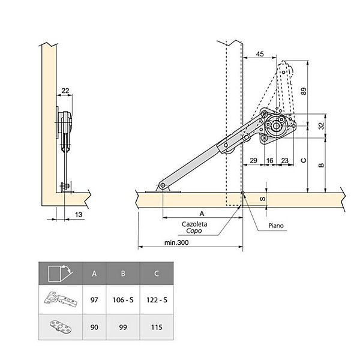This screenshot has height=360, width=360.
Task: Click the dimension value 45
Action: [260, 54]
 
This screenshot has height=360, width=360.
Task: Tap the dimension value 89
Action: [304, 91]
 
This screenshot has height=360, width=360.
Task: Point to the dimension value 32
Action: [322, 125]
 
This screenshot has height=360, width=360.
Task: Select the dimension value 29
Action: [253, 160]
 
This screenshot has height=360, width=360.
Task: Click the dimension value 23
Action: [284, 160]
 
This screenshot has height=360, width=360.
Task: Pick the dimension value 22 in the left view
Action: [65, 91]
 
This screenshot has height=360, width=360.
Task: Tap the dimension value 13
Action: [79, 215]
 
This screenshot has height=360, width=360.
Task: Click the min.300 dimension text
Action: [176, 242]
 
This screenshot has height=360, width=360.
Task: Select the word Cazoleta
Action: [194, 224]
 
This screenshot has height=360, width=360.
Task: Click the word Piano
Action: [276, 226]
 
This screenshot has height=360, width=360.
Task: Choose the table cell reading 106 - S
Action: [123, 300]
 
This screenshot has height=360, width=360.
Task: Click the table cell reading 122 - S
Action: [157, 300]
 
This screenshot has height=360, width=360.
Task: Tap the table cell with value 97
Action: [94, 300]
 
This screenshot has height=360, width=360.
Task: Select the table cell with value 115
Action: [157, 327]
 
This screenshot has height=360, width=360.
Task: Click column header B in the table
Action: [123, 274]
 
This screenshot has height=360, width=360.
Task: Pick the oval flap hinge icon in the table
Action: [61, 327]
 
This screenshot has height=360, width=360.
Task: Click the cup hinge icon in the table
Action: [61, 299]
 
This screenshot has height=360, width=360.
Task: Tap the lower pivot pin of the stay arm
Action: [163, 185]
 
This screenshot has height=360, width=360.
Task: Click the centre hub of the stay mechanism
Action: [276, 126]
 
